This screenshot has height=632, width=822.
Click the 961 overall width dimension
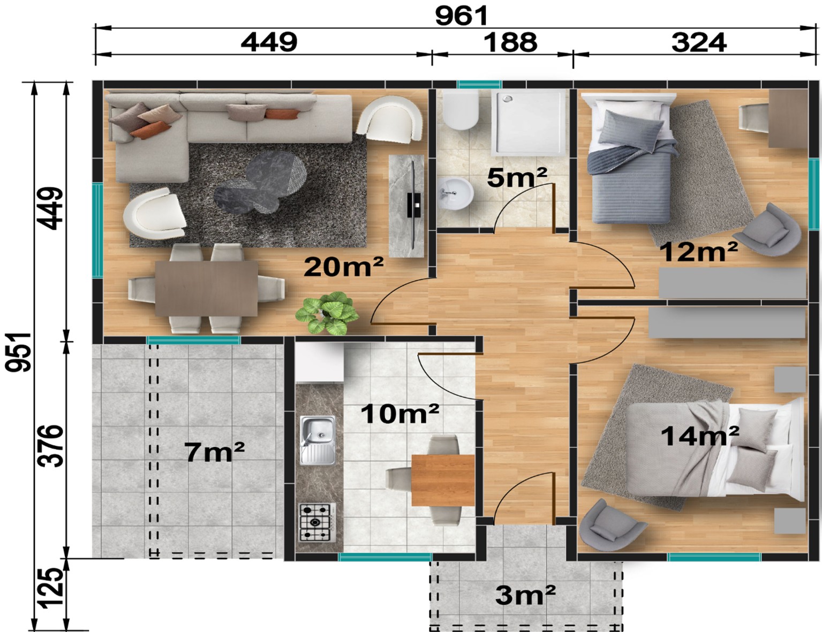pyautogui.click(x=461, y=17)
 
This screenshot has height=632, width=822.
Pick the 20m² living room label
pyautogui.click(x=343, y=267)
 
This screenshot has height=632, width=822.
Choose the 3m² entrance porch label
pyautogui.click(x=525, y=596)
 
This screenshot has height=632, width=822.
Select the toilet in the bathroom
pyautogui.click(x=461, y=110)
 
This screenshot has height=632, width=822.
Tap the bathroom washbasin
pyautogui.click(x=456, y=194)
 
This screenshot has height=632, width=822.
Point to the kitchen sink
pyautogui.click(x=318, y=440)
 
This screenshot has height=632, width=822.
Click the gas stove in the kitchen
pyautogui.click(x=318, y=522)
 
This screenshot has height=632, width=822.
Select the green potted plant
pyautogui.click(x=327, y=312)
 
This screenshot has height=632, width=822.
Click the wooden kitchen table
pyautogui.click(x=443, y=480)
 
